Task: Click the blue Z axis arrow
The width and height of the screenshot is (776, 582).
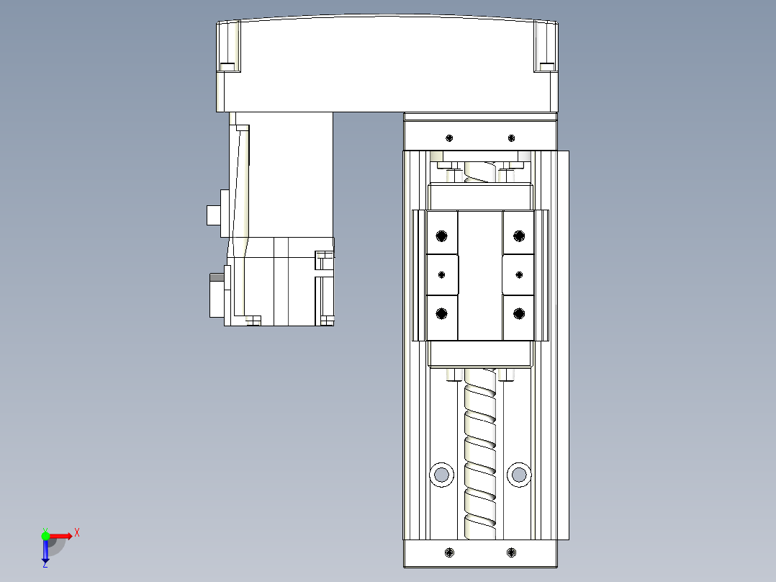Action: click(x=45, y=553)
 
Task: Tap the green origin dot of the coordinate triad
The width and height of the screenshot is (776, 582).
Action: click(x=45, y=535)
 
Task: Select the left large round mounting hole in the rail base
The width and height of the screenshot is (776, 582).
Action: click(x=441, y=474)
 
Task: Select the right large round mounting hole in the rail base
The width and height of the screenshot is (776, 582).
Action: click(x=518, y=474)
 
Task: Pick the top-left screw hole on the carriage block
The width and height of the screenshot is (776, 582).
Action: click(x=441, y=236)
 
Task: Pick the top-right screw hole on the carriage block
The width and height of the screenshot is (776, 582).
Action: click(x=519, y=236)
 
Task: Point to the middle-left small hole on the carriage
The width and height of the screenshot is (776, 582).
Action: click(x=441, y=274)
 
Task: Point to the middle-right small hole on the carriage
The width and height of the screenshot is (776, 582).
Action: click(x=519, y=274)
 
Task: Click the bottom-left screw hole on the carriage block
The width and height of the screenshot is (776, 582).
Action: click(x=441, y=313)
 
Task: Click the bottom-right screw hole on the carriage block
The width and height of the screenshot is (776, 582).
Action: click(x=519, y=313)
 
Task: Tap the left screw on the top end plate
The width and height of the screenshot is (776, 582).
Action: click(x=450, y=138)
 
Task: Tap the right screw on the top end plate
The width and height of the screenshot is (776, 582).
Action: click(x=511, y=138)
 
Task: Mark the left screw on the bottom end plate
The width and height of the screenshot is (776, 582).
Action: click(x=450, y=552)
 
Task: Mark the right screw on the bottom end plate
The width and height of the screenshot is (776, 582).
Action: click(x=511, y=552)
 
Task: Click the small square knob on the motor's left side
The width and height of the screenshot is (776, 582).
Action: click(x=213, y=215)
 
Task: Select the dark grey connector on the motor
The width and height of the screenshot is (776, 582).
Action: click(x=215, y=277)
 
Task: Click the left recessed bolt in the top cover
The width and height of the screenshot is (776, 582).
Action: click(x=227, y=67)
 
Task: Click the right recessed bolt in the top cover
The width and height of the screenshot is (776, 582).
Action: click(x=546, y=67)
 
